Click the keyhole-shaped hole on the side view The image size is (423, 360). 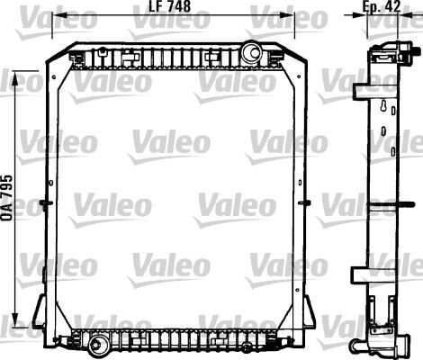(x=385, y=109)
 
